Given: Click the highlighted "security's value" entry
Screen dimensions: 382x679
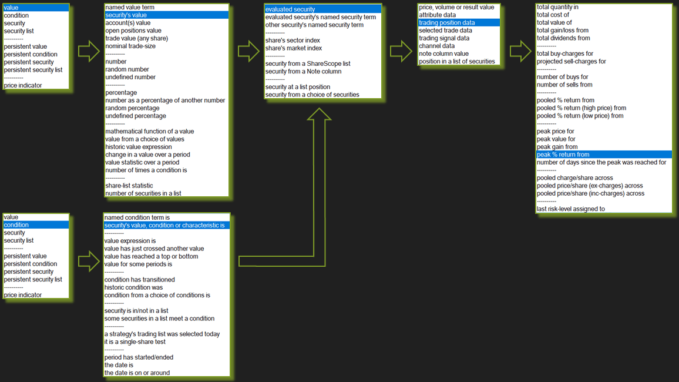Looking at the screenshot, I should (126, 15).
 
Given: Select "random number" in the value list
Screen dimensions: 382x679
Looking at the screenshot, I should (127, 69).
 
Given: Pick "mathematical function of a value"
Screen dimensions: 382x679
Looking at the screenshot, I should (149, 132).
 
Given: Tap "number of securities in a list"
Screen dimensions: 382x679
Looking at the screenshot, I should (143, 193).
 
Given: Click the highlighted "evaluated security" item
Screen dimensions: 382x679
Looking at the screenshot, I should (290, 9).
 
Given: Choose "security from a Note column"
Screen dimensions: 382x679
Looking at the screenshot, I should (303, 72).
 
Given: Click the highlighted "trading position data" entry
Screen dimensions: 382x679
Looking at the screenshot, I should (446, 23).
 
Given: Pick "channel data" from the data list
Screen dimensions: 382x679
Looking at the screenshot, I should (436, 46).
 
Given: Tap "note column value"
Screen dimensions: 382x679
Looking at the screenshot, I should (443, 53).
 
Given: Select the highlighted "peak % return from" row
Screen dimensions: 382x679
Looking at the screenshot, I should (563, 155).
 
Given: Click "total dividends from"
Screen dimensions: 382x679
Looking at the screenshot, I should (563, 38).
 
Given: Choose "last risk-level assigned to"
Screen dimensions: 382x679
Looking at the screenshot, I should (570, 209).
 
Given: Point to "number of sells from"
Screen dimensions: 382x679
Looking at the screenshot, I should (564, 85).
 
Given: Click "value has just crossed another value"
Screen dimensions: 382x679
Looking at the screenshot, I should (154, 249).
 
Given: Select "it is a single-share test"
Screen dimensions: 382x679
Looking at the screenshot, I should (135, 341).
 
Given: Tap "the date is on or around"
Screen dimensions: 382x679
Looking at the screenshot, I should (137, 373).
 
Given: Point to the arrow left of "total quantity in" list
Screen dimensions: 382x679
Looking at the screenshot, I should (520, 51).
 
